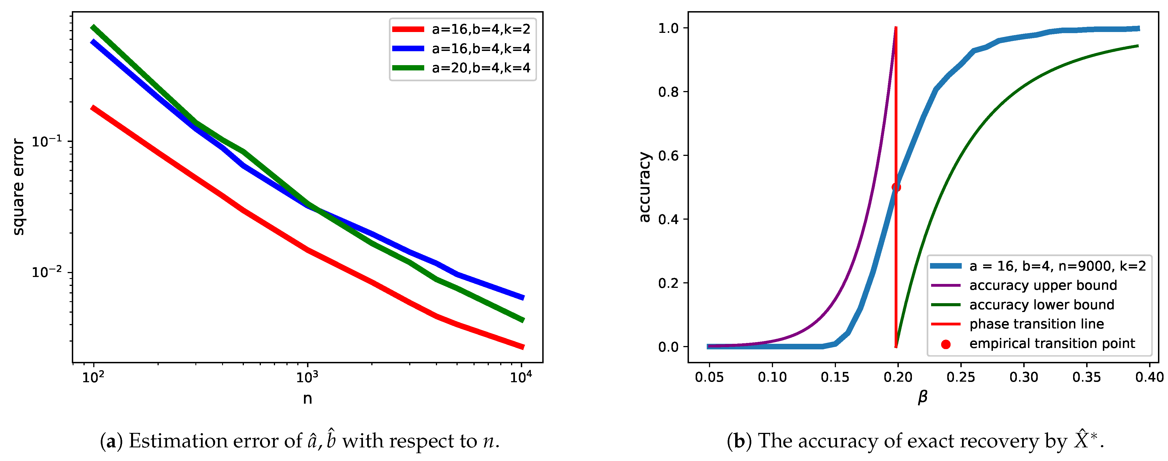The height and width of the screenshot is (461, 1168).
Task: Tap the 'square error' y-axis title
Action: (x=18, y=187)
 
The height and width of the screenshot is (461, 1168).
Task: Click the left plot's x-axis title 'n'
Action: (x=307, y=398)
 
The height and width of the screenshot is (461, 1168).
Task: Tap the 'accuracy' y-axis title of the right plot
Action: (x=644, y=187)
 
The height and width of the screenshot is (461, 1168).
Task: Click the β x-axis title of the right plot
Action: (x=922, y=397)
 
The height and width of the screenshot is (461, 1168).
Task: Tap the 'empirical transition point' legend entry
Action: (x=1052, y=344)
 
